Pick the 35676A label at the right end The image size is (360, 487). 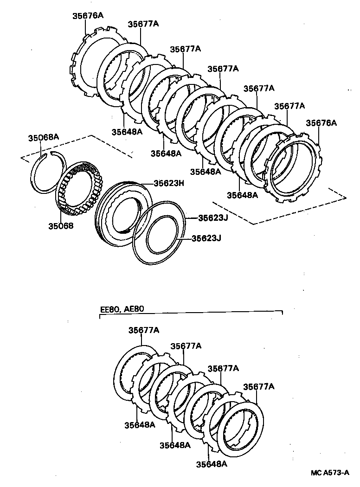tap(321, 123)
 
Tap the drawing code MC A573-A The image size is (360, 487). tap(330, 473)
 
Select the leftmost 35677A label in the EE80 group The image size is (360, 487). tap(144, 330)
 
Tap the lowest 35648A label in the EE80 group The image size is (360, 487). tap(211, 464)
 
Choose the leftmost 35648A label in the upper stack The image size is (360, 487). tap(127, 131)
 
